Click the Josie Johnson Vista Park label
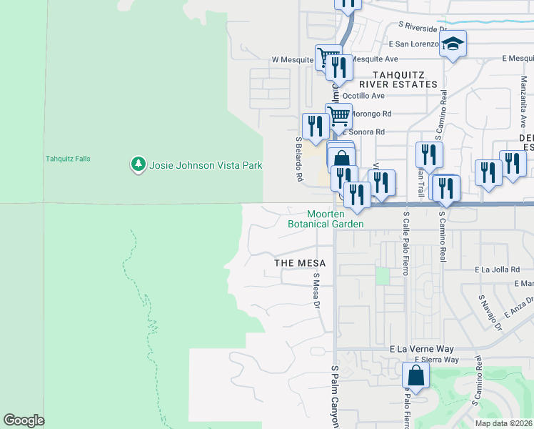coord(206,165)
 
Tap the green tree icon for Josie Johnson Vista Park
coord(138,165)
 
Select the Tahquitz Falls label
coord(69,159)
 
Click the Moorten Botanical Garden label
coord(326,219)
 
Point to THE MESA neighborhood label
coord(301,264)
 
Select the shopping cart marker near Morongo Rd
coord(339,115)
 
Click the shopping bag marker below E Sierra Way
coord(415,375)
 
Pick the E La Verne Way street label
coord(422,349)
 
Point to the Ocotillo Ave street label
coord(363,96)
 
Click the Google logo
coord(24,420)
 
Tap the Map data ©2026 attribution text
coord(503,423)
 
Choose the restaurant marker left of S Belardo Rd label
coord(315,127)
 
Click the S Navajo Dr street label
coord(490,312)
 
